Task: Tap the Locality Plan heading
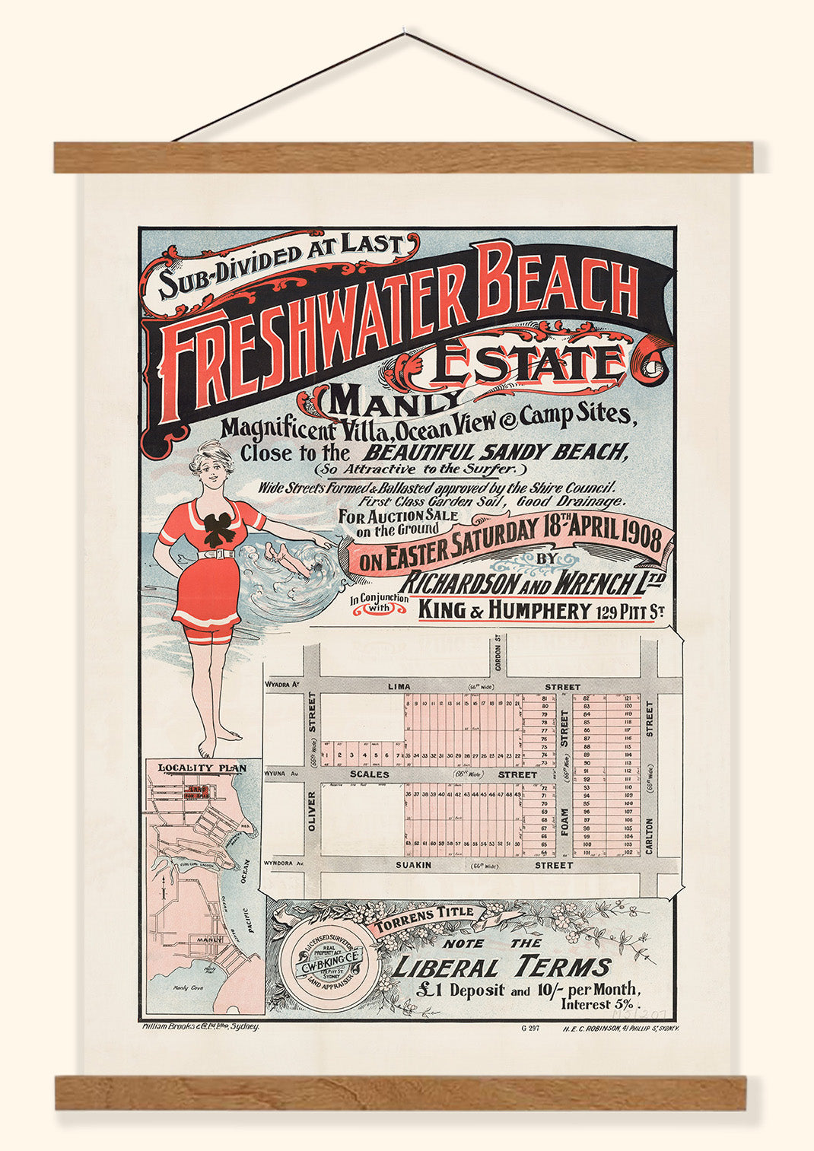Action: click(202, 768)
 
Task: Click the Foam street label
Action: click(564, 821)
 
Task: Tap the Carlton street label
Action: click(649, 835)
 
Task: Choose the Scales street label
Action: click(369, 774)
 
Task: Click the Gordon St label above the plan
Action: click(499, 650)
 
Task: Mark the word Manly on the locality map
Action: click(209, 940)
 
